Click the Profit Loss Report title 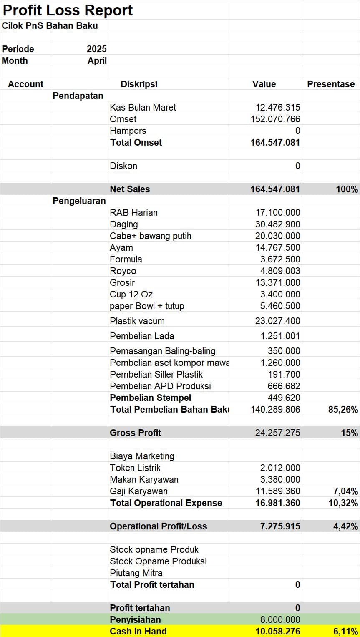68,10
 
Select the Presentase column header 331,84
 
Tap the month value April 97,60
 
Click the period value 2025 97,49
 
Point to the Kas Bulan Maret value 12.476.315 277,107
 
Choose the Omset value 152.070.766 275,119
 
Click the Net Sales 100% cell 347,189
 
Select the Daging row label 123,224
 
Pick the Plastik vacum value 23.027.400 277,321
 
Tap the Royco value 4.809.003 280,271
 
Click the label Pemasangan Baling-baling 163,351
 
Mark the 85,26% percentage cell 343,409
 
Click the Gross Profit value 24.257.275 277,433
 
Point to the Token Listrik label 135,468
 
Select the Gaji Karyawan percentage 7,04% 345,491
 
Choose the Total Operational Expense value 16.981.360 277,503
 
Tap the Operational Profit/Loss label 158,526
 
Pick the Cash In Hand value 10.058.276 277,631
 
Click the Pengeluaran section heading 79,201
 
